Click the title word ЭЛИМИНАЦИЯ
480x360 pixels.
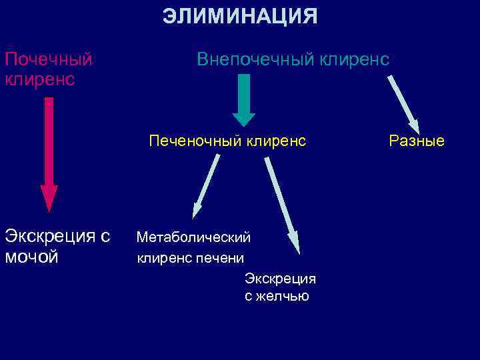coord(240,16)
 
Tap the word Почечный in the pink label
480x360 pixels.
coord(48,60)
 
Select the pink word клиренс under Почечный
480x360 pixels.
coord(39,79)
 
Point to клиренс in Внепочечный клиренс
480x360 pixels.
coord(354,60)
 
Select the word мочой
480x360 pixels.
coord(32,256)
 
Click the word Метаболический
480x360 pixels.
coord(193,237)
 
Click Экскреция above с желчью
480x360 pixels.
coord(280,278)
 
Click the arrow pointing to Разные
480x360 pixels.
coord(403,103)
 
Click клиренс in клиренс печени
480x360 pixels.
coord(162,257)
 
